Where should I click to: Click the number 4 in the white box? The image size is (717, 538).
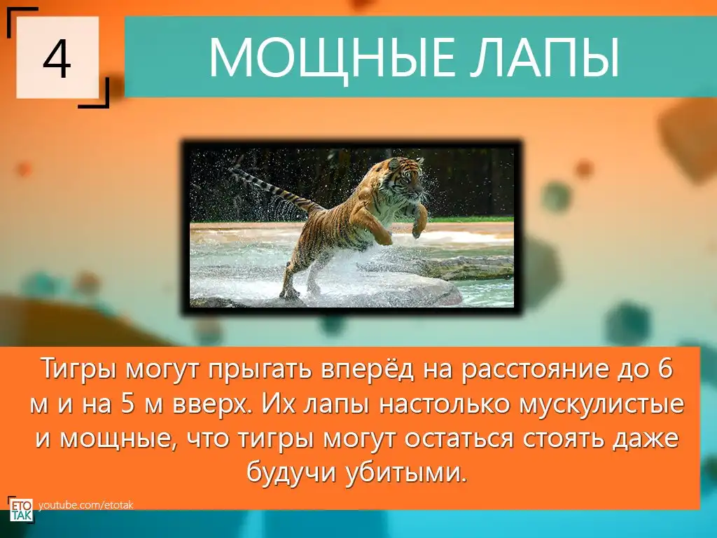[x=57, y=59]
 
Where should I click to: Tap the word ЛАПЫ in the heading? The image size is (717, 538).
[x=541, y=58]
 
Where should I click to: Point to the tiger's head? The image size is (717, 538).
[x=405, y=176]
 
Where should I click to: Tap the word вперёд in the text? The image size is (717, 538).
[x=368, y=369]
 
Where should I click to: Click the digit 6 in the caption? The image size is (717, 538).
[x=666, y=368]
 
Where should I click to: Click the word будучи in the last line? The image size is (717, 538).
[x=292, y=473]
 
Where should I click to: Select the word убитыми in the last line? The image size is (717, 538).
[x=407, y=472]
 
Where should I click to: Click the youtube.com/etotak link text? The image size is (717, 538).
[x=85, y=505]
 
